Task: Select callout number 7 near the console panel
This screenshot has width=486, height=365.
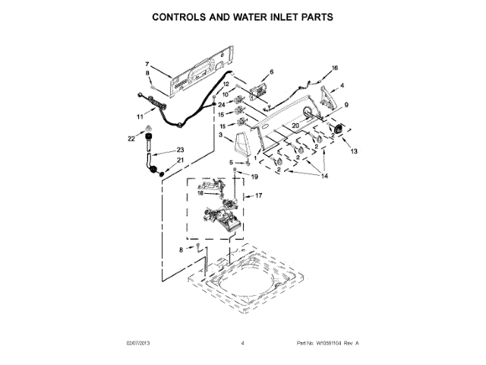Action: pos(148,64)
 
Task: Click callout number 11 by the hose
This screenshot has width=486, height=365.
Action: pos(140,116)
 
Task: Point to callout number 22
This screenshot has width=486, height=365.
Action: pos(131,138)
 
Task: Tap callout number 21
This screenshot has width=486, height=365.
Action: pos(180,160)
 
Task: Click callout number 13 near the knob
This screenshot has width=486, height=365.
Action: pos(353,151)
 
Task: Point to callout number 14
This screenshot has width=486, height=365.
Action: pos(327,176)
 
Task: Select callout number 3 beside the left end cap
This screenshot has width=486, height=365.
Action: pos(220,135)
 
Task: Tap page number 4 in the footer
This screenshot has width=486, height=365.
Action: pos(242,344)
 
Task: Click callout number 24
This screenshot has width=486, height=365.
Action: pos(221,104)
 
